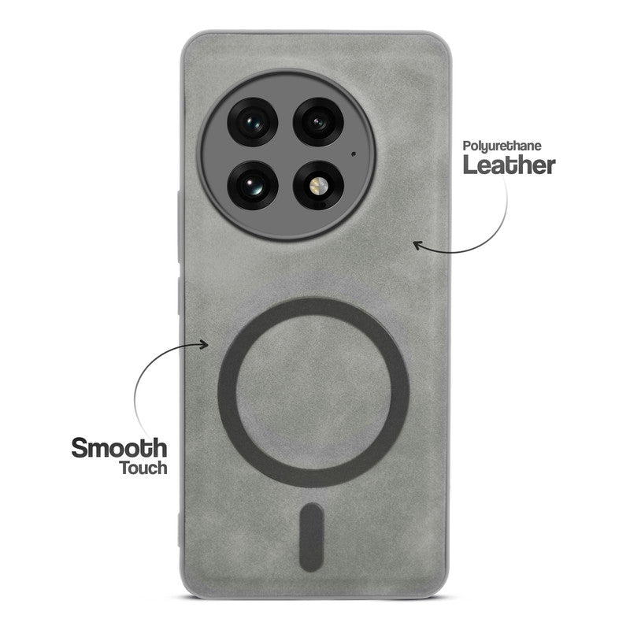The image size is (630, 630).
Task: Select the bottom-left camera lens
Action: [251, 187]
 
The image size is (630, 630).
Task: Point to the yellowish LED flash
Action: [317, 187]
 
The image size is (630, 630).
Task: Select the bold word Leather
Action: [509, 165]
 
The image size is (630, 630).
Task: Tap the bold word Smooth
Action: [119, 448]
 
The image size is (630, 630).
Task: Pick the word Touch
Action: [143, 468]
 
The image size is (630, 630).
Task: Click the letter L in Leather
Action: [470, 165]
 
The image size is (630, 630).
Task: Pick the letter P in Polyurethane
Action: [466, 146]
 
